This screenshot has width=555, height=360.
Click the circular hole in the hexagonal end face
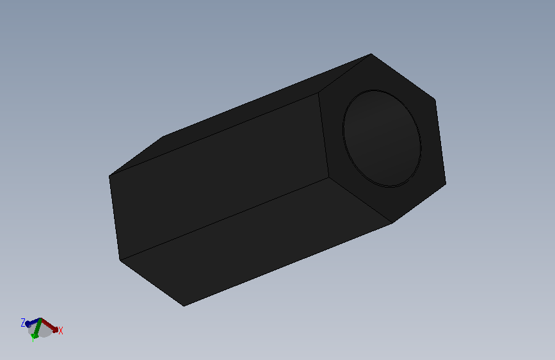tap(382, 138)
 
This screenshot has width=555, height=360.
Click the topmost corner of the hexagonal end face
tap(371, 54)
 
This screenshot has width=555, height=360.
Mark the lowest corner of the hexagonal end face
tap(392, 223)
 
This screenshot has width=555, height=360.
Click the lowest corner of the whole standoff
tap(184, 306)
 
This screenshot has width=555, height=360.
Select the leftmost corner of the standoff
tap(109, 176)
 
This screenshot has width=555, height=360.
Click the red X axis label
tap(61, 331)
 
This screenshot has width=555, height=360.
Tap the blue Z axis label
tap(23, 322)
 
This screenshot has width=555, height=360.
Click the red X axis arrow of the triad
tap(51, 326)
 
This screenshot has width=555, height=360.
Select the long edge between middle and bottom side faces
tap(224, 218)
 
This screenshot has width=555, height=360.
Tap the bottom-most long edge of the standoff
tap(288, 265)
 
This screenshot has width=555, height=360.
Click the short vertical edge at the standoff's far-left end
tap(115, 218)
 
